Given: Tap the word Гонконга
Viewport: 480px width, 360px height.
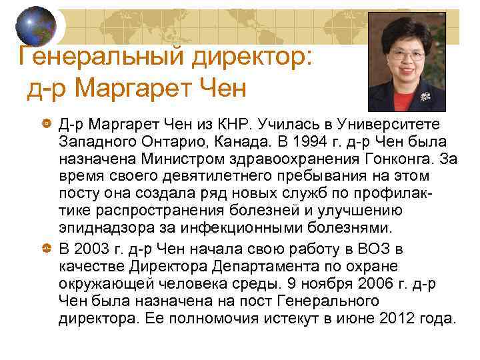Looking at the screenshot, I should pyautogui.click(x=383, y=160).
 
